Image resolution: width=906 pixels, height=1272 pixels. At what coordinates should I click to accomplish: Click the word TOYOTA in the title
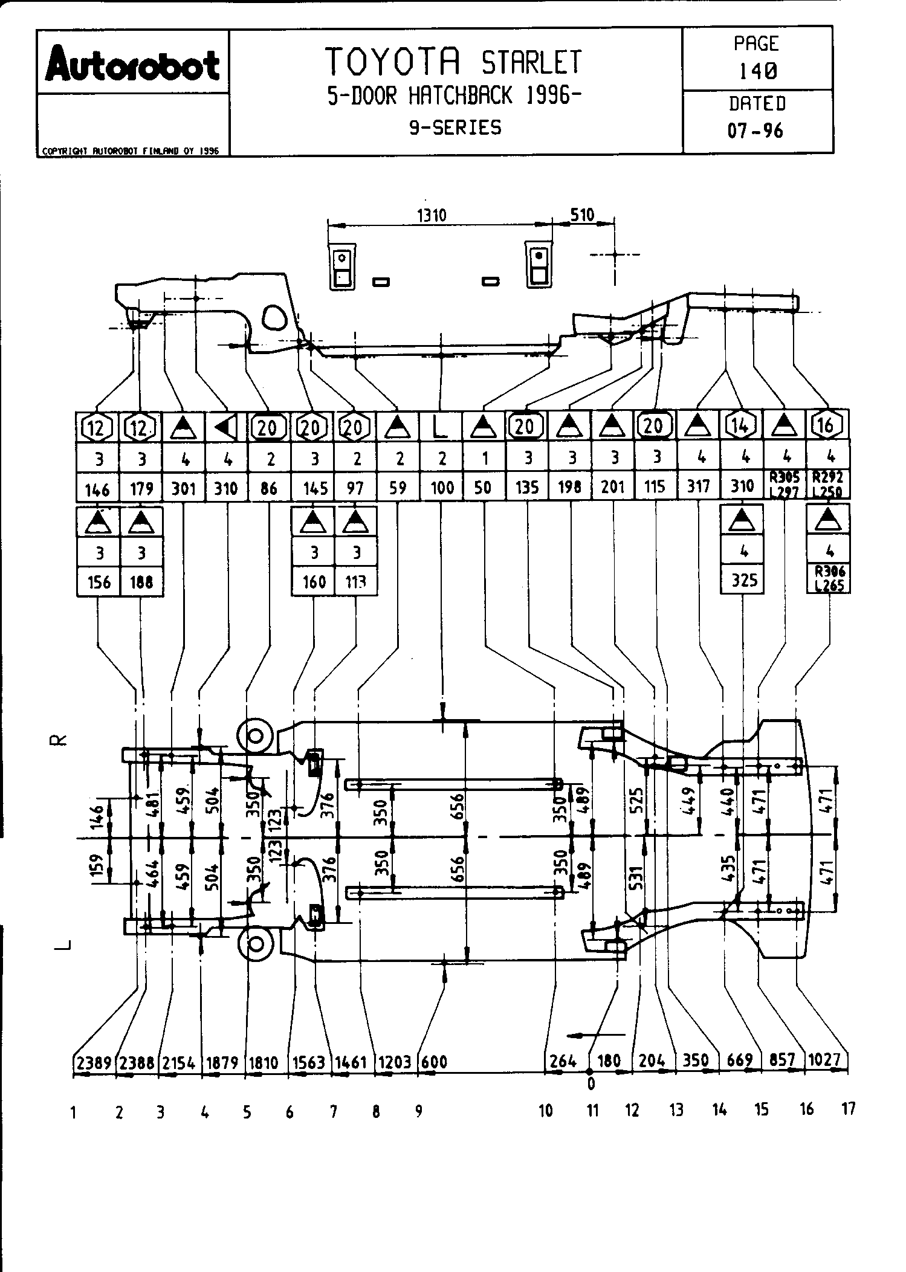click(395, 61)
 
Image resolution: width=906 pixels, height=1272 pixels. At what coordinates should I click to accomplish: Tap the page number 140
click(758, 71)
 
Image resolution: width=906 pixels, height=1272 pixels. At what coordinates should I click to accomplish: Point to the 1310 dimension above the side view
click(432, 215)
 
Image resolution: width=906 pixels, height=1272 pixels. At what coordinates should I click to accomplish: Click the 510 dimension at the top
click(583, 215)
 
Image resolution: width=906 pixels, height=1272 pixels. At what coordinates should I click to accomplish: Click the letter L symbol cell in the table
click(441, 427)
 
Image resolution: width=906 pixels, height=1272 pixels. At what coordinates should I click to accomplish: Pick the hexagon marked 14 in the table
click(741, 427)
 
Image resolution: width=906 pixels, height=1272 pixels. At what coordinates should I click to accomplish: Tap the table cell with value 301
click(184, 487)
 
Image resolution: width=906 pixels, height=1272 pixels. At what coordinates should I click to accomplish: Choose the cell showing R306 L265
click(829, 579)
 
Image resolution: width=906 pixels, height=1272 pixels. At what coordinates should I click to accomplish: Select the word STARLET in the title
click(532, 62)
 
